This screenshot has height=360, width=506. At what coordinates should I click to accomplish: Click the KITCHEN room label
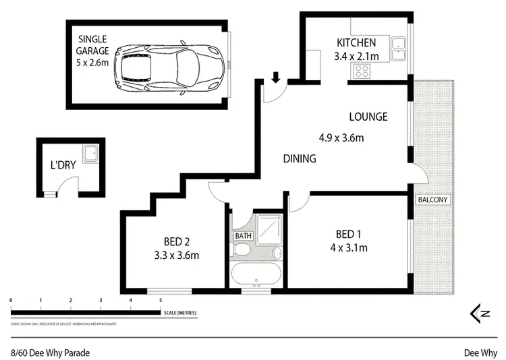(356, 44)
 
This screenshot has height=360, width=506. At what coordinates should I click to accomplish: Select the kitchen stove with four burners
(362, 70)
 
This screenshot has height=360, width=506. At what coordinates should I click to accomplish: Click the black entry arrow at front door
(275, 78)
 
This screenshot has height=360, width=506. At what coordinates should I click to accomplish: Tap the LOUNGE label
(368, 117)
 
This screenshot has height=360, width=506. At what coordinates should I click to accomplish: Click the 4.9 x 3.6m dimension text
(341, 138)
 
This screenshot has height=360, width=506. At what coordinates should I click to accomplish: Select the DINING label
(299, 159)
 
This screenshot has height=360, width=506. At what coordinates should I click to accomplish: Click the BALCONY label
(432, 200)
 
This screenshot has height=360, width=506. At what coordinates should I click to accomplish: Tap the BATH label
(242, 235)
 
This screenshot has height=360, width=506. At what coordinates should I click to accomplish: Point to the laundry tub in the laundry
(91, 154)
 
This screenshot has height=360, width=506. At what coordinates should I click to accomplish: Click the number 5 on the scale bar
(161, 300)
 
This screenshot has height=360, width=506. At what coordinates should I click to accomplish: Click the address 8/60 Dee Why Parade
(50, 352)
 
